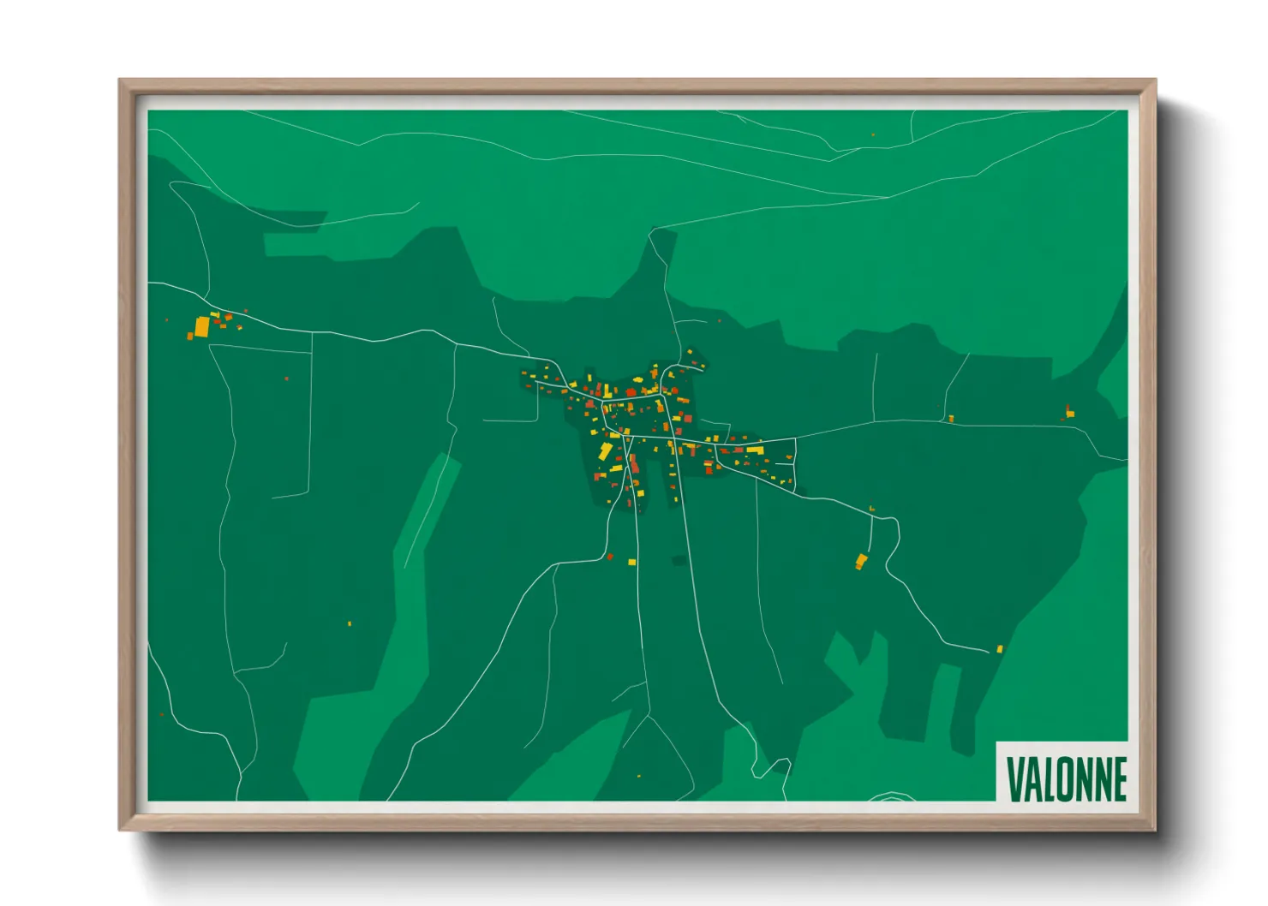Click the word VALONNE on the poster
pos(1066,778)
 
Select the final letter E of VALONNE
pos(1118,778)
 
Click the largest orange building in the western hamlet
pos(201,327)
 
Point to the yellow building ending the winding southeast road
pos(999,649)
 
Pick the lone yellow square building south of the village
pos(632,563)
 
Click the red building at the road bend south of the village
pos(610,557)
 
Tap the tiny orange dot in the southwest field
pos(350,623)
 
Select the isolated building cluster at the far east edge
pos(1069,412)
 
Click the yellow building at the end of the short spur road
pos(861,562)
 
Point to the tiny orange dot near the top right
pos(873,134)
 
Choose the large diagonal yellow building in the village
pos(606,451)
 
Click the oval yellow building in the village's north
pos(637,379)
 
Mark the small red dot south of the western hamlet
pos(286,378)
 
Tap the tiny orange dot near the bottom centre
pos(638,777)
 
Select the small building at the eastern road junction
pos(951,419)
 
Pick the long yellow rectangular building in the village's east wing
pos(754,450)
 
